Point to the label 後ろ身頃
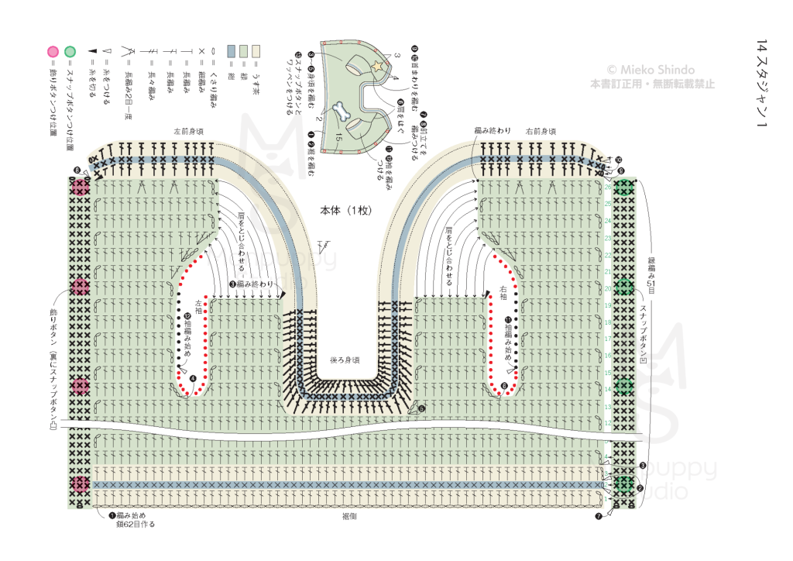click(345, 360)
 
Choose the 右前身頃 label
click(540, 131)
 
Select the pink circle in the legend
click(53, 52)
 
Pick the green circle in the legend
click(70, 52)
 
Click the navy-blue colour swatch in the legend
click(231, 51)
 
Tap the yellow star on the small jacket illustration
click(378, 67)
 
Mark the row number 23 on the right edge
click(608, 236)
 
